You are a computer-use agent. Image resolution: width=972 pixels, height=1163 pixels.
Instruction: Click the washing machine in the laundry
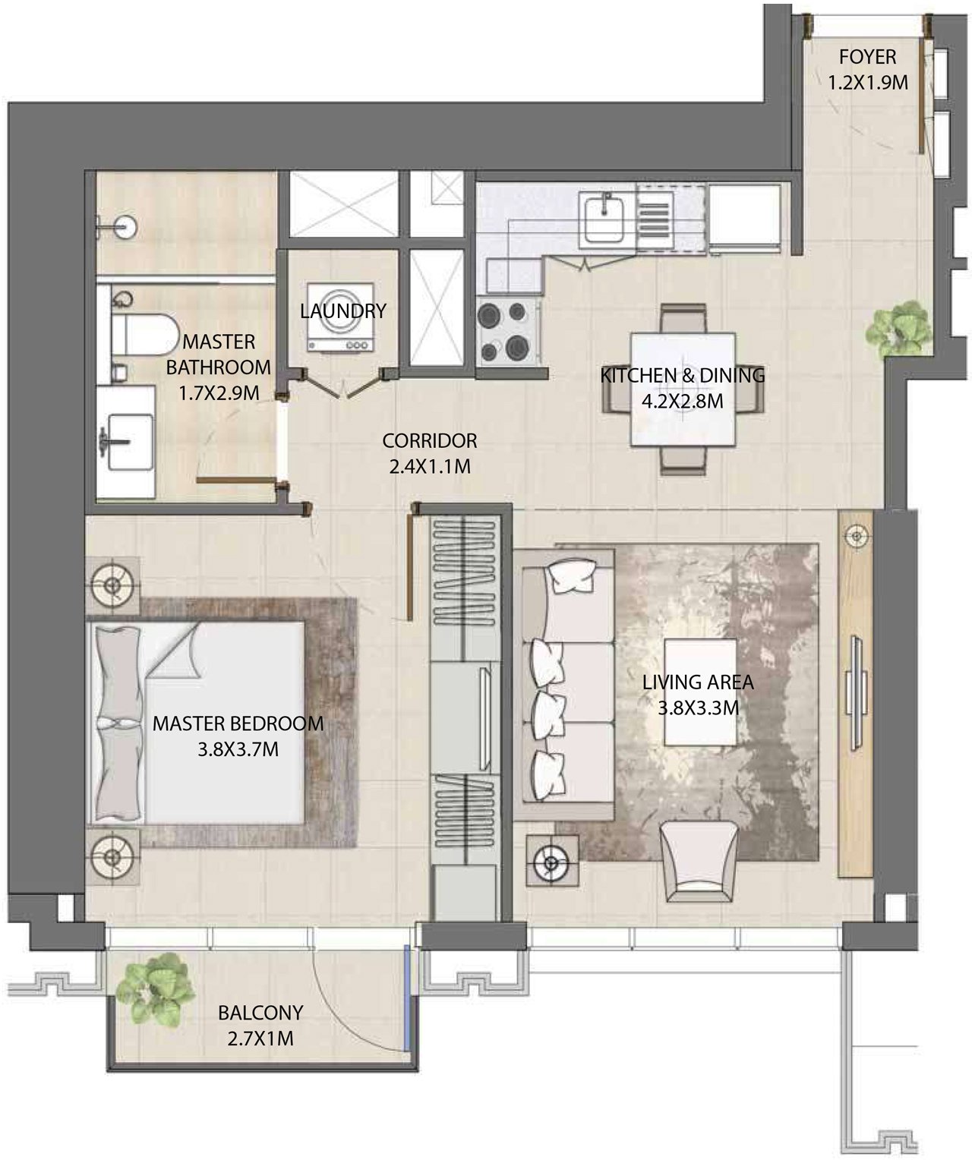click(x=340, y=317)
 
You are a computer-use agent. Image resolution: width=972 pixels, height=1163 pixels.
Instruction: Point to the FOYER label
click(x=868, y=57)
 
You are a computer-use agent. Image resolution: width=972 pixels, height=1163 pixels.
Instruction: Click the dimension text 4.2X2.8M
click(x=682, y=401)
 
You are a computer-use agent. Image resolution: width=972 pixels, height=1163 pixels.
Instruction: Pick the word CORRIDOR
click(x=429, y=441)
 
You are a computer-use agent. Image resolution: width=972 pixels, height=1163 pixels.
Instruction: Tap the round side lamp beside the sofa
click(x=551, y=863)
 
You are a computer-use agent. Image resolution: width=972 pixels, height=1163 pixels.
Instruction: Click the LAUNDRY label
click(x=342, y=310)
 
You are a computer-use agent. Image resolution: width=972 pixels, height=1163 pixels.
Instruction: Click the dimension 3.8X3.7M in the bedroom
click(x=238, y=749)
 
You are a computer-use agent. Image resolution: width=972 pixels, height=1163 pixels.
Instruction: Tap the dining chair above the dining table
click(x=683, y=319)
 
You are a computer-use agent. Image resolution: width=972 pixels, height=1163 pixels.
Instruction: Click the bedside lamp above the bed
click(x=112, y=585)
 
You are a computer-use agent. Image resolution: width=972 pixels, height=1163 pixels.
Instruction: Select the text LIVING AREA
click(x=698, y=682)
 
